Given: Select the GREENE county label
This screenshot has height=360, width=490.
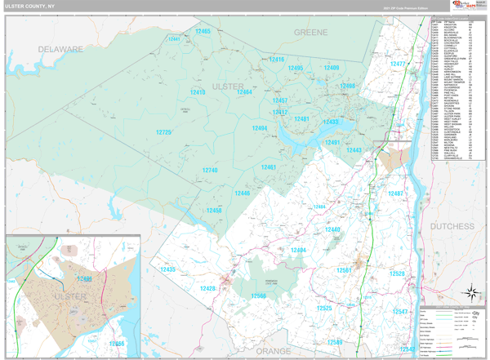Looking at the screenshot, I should click(311, 32).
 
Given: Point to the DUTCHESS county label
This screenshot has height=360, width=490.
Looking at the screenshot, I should click(452, 226).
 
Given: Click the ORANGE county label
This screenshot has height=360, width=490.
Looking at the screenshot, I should click(272, 350).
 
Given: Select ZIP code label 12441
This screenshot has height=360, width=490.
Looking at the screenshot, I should click(174, 38).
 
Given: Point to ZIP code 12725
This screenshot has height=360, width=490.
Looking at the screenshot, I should click(163, 132).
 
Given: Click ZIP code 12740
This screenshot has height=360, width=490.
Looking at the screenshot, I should click(209, 170).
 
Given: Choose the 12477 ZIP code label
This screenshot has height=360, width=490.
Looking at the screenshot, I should click(398, 64).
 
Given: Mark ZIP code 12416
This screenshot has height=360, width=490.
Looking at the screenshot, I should click(277, 60).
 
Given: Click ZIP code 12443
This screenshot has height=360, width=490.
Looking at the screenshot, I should click(354, 150).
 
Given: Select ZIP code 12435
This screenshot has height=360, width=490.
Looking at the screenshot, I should click(167, 269).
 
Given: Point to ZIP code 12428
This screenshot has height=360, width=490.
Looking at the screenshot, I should click(207, 288).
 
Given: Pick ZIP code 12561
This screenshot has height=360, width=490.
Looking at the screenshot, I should click(344, 269).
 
